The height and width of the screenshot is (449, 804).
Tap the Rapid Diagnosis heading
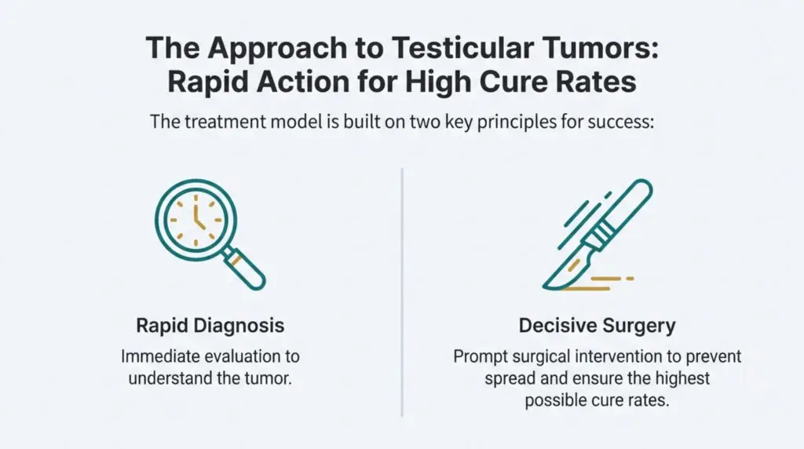click(x=210, y=326)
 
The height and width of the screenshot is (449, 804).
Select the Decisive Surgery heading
click(x=598, y=326)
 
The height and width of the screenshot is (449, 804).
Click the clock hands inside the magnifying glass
click(x=198, y=217)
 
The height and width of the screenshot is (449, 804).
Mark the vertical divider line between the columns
click(x=402, y=292)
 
